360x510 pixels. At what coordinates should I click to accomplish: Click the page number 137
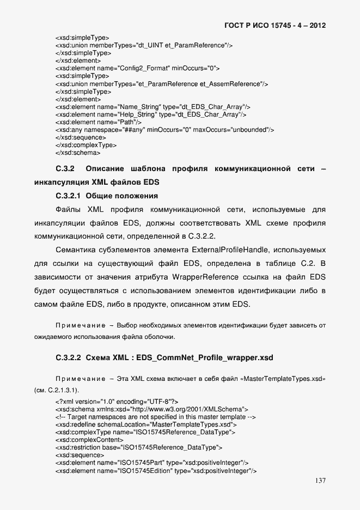click(320, 481)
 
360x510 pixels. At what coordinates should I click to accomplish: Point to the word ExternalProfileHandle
click(229, 251)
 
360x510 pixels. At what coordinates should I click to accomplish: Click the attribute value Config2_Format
click(138, 69)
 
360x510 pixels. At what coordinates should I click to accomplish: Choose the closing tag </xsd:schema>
click(78, 154)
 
